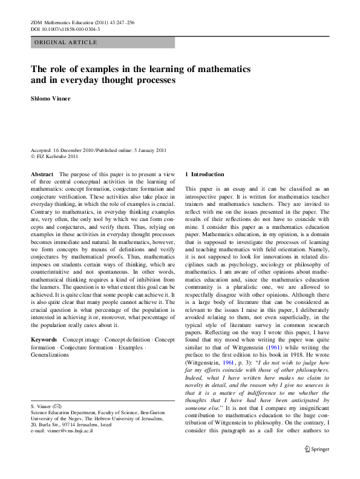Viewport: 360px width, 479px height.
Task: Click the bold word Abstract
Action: (42, 174)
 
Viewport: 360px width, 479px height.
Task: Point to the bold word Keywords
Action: (44, 340)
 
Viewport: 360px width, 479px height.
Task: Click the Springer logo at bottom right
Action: (317, 466)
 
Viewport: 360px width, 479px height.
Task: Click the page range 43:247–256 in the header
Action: (122, 22)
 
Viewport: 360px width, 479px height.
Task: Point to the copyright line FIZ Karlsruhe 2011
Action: (58, 156)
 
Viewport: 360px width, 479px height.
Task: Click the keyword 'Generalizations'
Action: (50, 355)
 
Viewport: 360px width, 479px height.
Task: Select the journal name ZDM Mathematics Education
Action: (61, 22)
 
